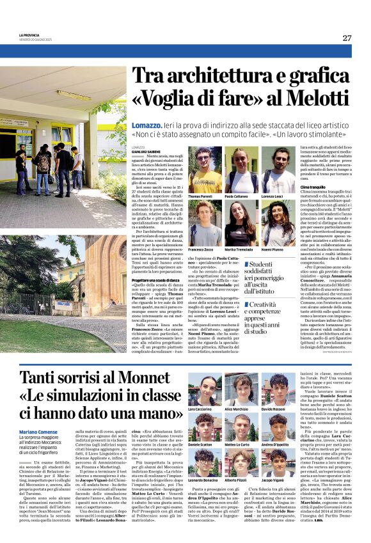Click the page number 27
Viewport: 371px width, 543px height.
click(347, 38)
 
